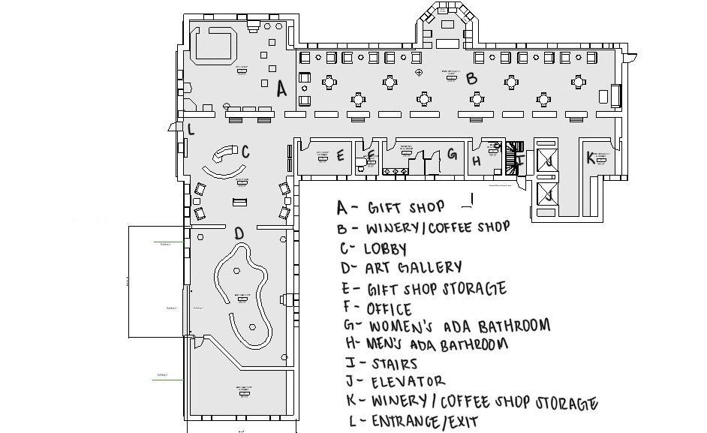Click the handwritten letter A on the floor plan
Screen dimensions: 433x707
(281, 89)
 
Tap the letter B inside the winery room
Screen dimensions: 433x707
(471, 77)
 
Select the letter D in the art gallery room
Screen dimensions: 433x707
(239, 234)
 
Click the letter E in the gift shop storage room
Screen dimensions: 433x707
(340, 156)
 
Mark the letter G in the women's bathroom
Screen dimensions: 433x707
(452, 155)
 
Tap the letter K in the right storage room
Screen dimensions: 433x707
(591, 158)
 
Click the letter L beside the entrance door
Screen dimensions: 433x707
(191, 129)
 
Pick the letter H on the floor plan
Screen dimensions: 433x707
(477, 160)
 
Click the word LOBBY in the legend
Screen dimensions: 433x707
(387, 248)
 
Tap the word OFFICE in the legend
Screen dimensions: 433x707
(389, 309)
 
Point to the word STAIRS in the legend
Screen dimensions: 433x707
(394, 365)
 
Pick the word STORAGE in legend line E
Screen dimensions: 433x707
(471, 288)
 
